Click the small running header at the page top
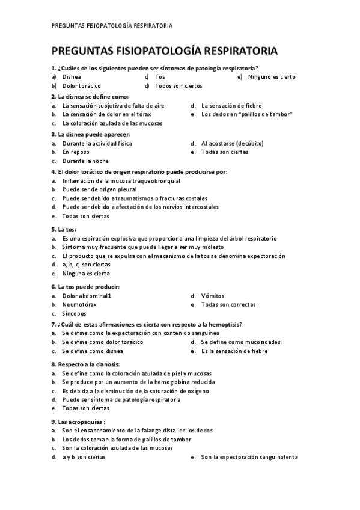pyautogui.click(x=112, y=26)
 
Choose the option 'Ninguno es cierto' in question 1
pyautogui.click(x=272, y=77)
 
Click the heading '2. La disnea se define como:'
pyautogui.click(x=90, y=96)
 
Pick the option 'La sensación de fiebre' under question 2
pyautogui.click(x=231, y=105)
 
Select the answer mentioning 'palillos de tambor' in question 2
pyautogui.click(x=247, y=114)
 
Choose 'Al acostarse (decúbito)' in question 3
pyautogui.click(x=232, y=143)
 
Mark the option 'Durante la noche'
pyautogui.click(x=85, y=161)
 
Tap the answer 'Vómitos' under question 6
pyautogui.click(x=212, y=296)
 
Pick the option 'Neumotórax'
pyautogui.click(x=79, y=305)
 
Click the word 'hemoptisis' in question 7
pyautogui.click(x=225, y=324)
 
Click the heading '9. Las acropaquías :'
pyautogui.click(x=79, y=422)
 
